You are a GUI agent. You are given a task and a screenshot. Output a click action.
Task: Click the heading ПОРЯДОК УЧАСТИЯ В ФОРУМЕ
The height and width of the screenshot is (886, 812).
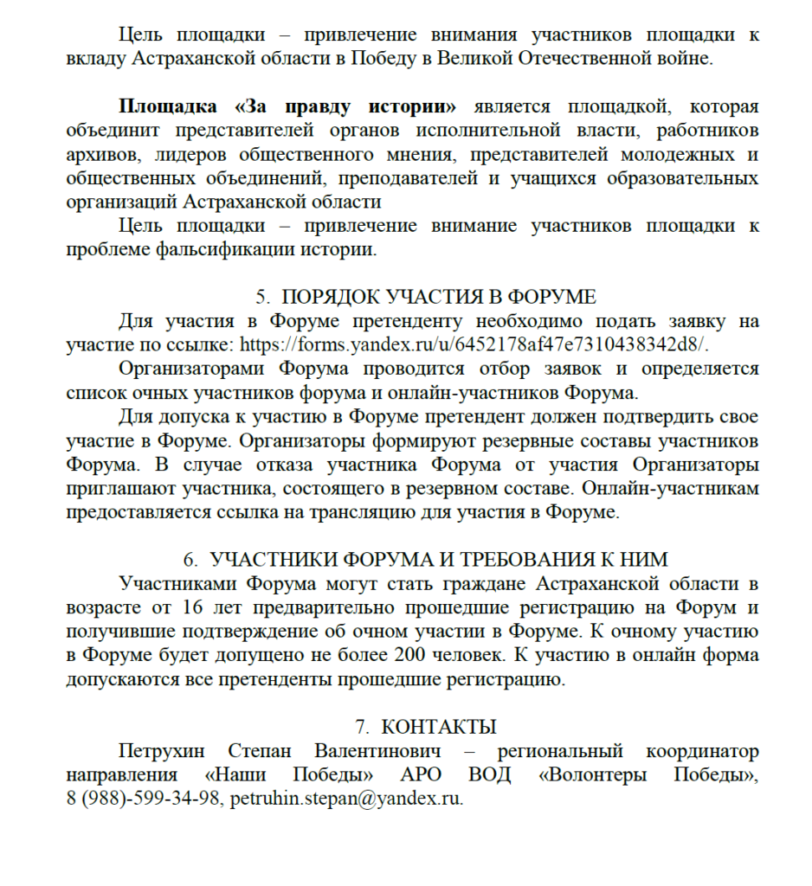pyautogui.click(x=438, y=297)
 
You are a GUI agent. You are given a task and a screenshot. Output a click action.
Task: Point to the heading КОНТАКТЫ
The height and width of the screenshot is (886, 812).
pyautogui.click(x=438, y=726)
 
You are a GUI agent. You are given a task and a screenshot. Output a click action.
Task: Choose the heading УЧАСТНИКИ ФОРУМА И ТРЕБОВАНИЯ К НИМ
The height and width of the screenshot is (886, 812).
pyautogui.click(x=438, y=559)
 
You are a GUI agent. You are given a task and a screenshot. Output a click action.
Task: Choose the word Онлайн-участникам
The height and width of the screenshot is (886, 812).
pyautogui.click(x=671, y=488)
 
